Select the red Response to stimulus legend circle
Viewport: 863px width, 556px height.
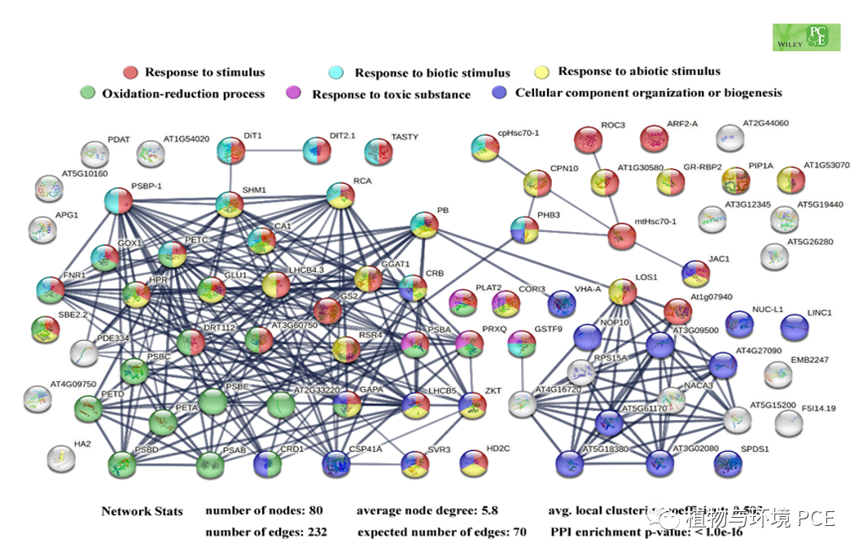click(130, 72)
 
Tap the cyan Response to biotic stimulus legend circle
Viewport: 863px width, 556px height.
click(340, 72)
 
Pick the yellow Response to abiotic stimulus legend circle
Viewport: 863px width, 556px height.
click(542, 72)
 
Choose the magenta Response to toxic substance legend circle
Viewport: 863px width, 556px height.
click(297, 94)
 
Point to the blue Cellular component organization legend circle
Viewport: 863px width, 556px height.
click(500, 93)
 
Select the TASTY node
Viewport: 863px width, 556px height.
click(378, 151)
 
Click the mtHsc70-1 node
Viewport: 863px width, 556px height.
click(622, 236)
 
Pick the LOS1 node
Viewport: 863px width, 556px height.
click(622, 291)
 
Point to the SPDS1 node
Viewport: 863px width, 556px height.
click(727, 462)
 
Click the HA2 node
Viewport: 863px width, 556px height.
click(62, 458)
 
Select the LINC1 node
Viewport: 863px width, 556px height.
click(795, 327)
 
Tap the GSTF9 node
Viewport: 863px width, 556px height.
click(521, 344)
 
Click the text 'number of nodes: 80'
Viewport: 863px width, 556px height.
click(264, 511)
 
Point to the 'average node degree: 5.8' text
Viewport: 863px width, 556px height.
click(427, 511)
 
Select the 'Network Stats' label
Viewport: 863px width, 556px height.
click(142, 511)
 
